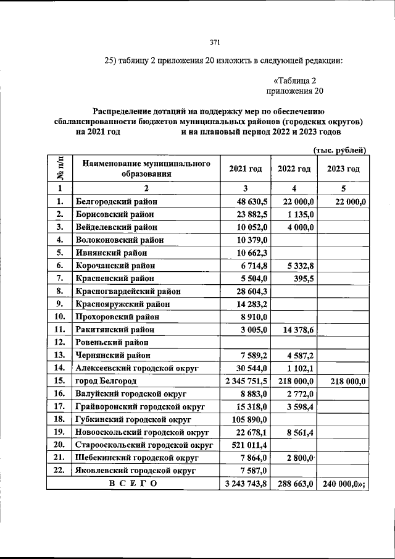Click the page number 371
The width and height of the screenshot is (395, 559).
tap(215, 42)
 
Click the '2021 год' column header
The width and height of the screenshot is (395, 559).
tap(246, 169)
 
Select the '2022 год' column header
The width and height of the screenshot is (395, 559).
tap(294, 169)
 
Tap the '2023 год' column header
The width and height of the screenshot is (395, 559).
tap(343, 169)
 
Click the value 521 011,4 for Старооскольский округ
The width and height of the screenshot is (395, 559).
tap(250, 445)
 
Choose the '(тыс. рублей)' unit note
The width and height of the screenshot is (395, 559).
tap(340, 150)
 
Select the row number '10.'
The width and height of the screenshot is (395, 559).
tap(60, 316)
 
